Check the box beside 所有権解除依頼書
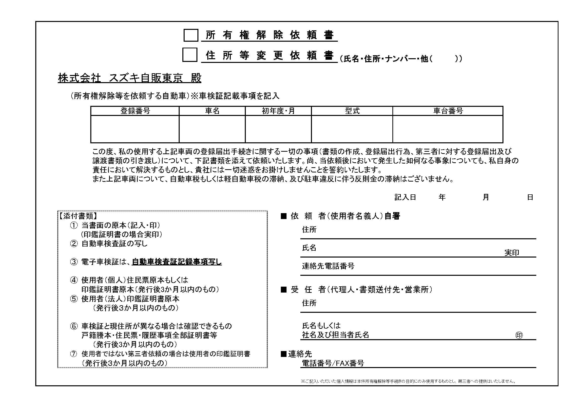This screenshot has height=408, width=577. tap(191, 35)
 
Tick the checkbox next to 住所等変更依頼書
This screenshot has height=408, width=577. tap(190, 55)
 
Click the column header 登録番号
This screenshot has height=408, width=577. tap(135, 111)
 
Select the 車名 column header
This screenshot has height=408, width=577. tap(212, 111)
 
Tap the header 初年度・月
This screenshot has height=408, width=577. tap(278, 111)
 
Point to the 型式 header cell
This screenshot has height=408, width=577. tap(352, 111)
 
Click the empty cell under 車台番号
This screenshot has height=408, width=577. tap(448, 129)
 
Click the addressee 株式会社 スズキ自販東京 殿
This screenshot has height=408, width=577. tap(130, 78)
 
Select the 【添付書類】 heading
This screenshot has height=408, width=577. tap(77, 216)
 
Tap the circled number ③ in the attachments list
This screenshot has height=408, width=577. tap(74, 262)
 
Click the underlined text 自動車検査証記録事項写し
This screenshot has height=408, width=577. tap(177, 262)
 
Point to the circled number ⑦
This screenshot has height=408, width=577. tap(74, 354)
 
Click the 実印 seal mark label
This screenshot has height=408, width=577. tap(512, 253)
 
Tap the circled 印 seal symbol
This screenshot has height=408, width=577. tap(519, 335)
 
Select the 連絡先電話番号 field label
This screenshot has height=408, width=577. tap(328, 266)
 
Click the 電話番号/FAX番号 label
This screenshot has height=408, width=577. tap(333, 363)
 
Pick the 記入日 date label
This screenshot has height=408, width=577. tap(405, 198)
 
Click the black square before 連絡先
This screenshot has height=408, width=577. tap(284, 354)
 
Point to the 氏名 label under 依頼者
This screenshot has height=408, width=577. tap(309, 248)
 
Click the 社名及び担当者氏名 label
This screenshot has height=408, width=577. tap(335, 335)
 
